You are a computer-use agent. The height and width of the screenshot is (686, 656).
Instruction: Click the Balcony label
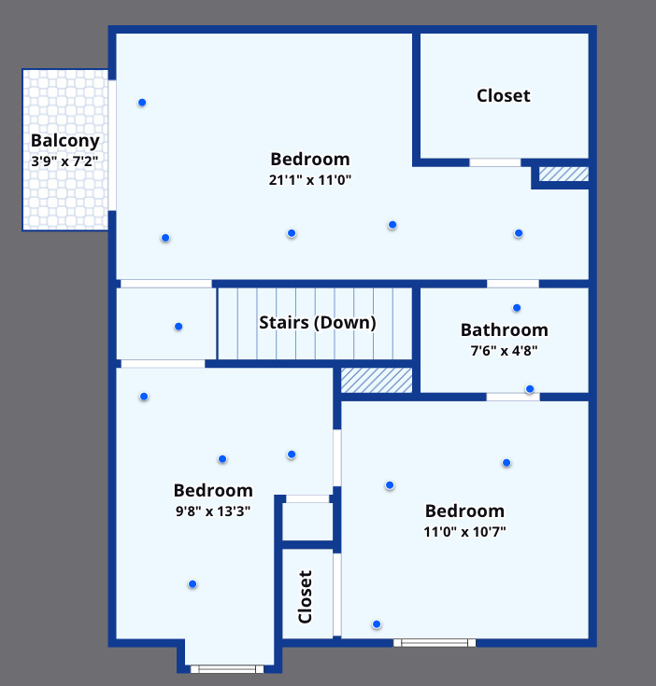click(65, 141)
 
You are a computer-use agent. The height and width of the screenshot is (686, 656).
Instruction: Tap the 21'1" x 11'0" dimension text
click(310, 180)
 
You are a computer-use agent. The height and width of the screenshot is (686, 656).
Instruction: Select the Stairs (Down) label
click(318, 323)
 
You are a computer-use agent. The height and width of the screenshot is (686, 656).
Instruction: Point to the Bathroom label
click(504, 329)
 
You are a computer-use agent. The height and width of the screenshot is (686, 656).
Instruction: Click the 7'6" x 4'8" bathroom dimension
click(504, 350)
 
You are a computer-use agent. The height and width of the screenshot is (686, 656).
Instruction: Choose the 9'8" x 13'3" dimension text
click(213, 511)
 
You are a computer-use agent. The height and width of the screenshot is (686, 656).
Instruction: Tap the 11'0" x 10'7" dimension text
click(464, 532)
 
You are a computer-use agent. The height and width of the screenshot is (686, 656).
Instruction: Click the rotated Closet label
click(305, 596)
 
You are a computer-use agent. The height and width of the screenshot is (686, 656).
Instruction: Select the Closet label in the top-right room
click(503, 96)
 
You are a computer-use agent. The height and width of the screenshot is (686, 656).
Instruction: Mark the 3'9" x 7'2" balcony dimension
click(64, 161)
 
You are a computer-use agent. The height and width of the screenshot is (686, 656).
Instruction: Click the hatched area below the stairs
click(377, 380)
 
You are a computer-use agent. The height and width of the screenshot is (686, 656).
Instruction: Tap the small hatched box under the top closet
click(563, 174)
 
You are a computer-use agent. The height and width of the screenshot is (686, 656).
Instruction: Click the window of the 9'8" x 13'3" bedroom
click(227, 669)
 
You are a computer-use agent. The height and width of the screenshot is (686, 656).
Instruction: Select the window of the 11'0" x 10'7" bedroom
click(435, 643)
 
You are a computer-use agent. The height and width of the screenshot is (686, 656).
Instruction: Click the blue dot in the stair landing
click(178, 327)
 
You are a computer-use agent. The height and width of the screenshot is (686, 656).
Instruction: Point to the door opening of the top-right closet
click(495, 162)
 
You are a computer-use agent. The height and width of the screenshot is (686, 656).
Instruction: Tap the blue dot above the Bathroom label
click(517, 308)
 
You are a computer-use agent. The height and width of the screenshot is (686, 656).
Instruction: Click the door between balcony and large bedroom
click(112, 146)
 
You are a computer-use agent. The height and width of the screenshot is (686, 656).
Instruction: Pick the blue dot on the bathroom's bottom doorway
click(530, 389)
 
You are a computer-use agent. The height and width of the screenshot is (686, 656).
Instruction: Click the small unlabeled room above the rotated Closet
click(307, 522)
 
